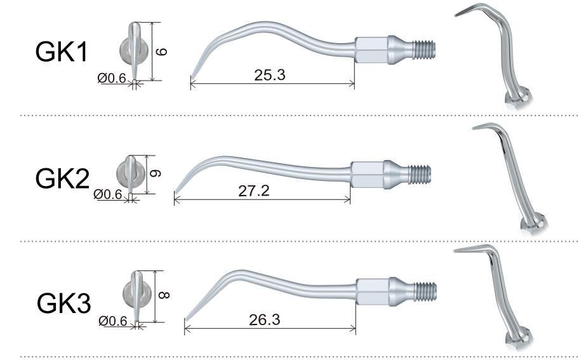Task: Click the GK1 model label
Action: [x=62, y=51]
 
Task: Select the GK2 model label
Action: [x=62, y=178]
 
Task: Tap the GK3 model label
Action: [x=63, y=303]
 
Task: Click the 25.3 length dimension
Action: [x=270, y=75]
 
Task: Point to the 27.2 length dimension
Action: [x=254, y=191]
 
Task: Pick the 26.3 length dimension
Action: [x=264, y=320]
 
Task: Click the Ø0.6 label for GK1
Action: [x=112, y=78]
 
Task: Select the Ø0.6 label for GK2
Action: [x=108, y=194]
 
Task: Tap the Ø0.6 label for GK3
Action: [x=113, y=321]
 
